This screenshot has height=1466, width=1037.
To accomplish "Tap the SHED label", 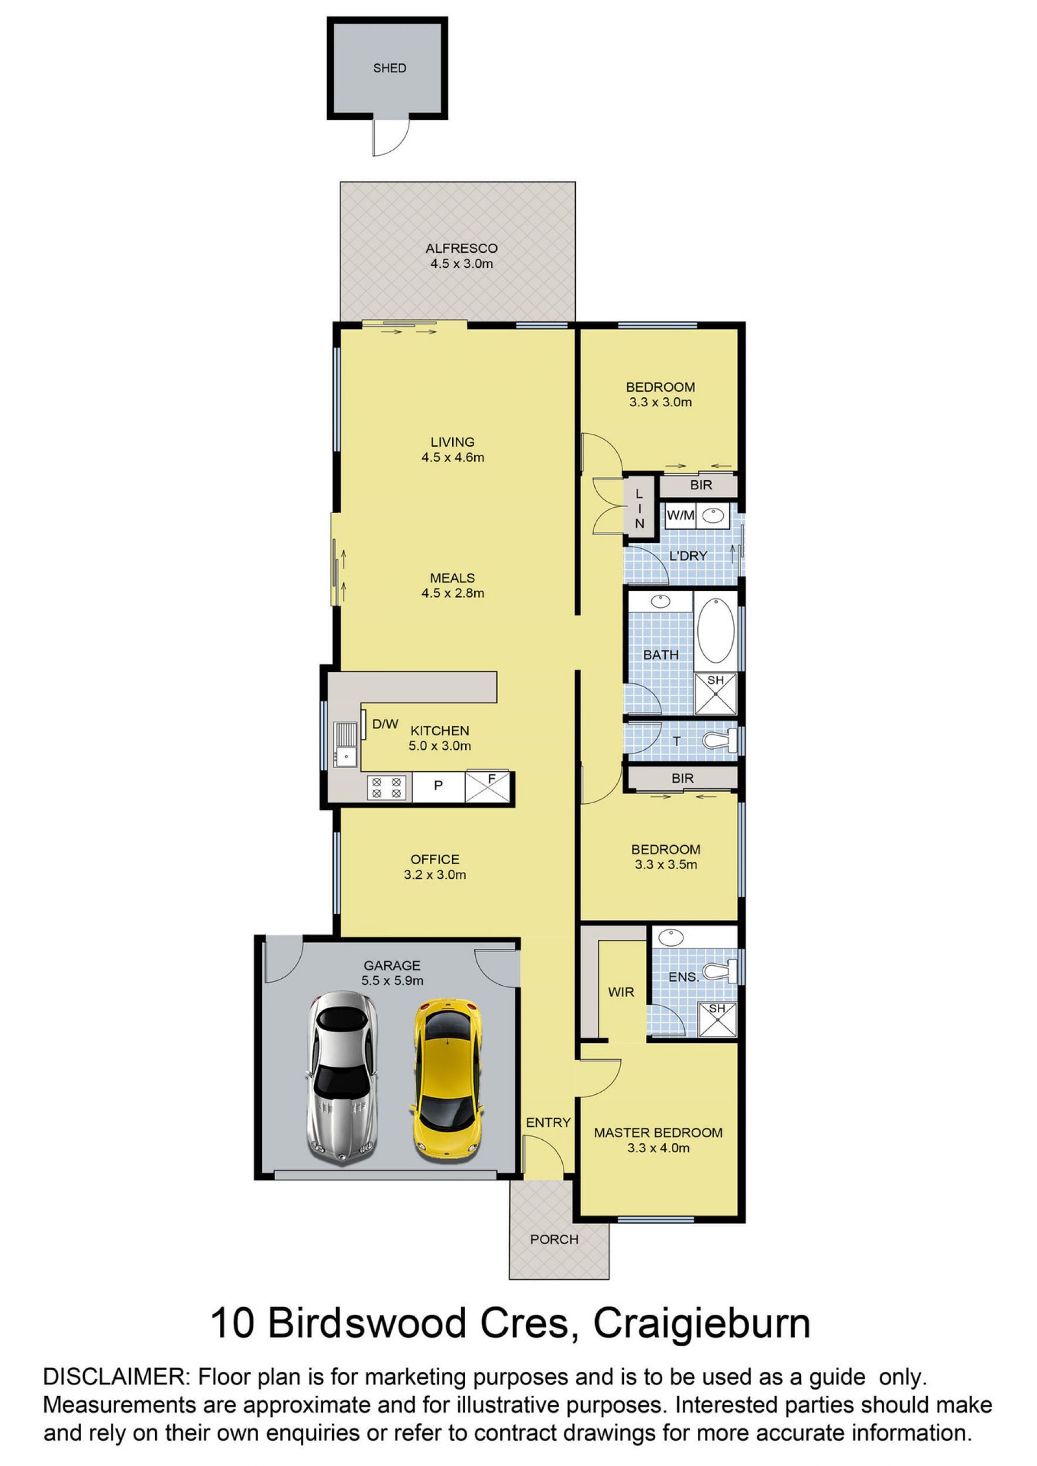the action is tap(389, 68).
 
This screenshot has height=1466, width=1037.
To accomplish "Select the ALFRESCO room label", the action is tap(462, 248).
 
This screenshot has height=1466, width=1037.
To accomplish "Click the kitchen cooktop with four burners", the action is tap(386, 787).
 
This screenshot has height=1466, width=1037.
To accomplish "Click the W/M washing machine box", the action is tap(681, 515).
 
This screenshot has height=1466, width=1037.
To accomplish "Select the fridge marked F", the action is tap(488, 786).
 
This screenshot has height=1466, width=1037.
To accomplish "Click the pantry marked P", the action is tap(439, 786).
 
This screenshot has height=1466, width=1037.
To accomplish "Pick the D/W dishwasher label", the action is tap(385, 724).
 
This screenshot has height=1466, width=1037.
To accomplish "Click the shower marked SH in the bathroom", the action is tap(715, 694).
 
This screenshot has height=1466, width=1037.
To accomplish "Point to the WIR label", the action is tap(621, 992).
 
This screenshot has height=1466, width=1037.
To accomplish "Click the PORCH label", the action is tap(554, 1239).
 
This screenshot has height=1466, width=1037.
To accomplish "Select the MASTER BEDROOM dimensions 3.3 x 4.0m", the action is tap(658, 1148).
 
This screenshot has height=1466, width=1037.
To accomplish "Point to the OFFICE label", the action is tap(435, 859).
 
